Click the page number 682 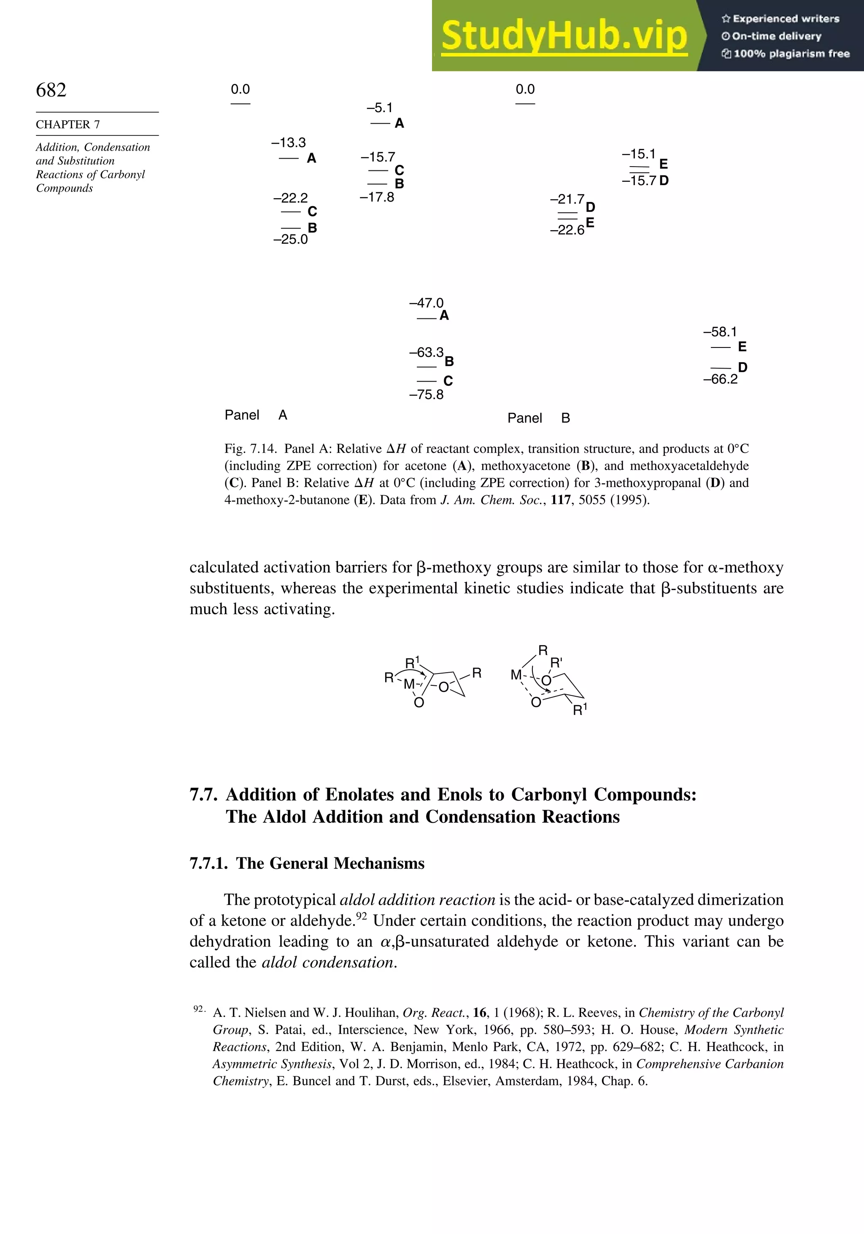(51, 90)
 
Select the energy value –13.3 (289, 143)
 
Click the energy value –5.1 (380, 108)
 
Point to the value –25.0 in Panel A (290, 239)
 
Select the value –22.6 (567, 230)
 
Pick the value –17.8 (377, 197)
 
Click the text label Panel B (538, 418)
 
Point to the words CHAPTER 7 (68, 124)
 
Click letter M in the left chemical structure (409, 684)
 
